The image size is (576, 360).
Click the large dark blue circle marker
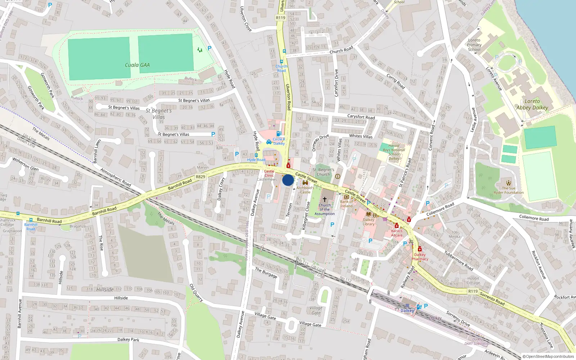(x=288, y=180)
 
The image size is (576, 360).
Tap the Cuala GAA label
(x=137, y=65)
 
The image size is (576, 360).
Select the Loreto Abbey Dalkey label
(x=532, y=104)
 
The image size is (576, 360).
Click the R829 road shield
(x=200, y=177)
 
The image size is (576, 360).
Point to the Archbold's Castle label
(x=305, y=190)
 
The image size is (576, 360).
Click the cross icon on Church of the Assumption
(x=324, y=199)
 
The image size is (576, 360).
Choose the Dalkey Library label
(x=368, y=222)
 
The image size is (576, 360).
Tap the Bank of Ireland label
(x=346, y=204)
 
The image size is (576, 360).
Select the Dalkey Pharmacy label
(x=420, y=257)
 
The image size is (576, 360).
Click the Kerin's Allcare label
(x=397, y=233)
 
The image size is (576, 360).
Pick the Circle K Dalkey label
(x=279, y=141)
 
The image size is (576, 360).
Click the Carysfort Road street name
(x=361, y=117)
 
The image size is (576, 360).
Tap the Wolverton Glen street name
(x=25, y=163)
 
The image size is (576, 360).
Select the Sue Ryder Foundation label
(x=509, y=190)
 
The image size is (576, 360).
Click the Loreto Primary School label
(x=474, y=45)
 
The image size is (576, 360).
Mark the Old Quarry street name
(x=196, y=293)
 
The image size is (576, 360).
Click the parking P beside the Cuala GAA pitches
(x=210, y=48)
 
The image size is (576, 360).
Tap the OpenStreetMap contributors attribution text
(x=548, y=357)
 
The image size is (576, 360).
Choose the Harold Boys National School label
(x=394, y=152)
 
